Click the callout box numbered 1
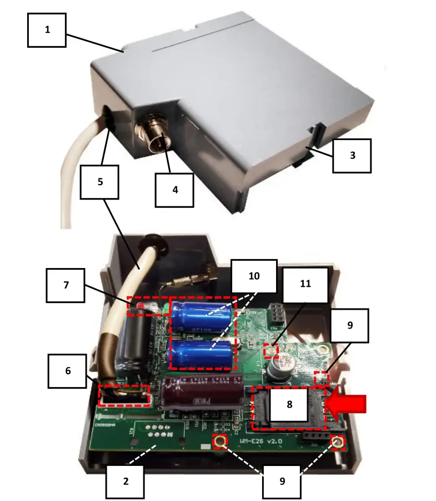47,29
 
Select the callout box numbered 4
175,190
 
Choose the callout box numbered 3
352,155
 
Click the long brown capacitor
203,392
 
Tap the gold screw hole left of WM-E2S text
221,442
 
